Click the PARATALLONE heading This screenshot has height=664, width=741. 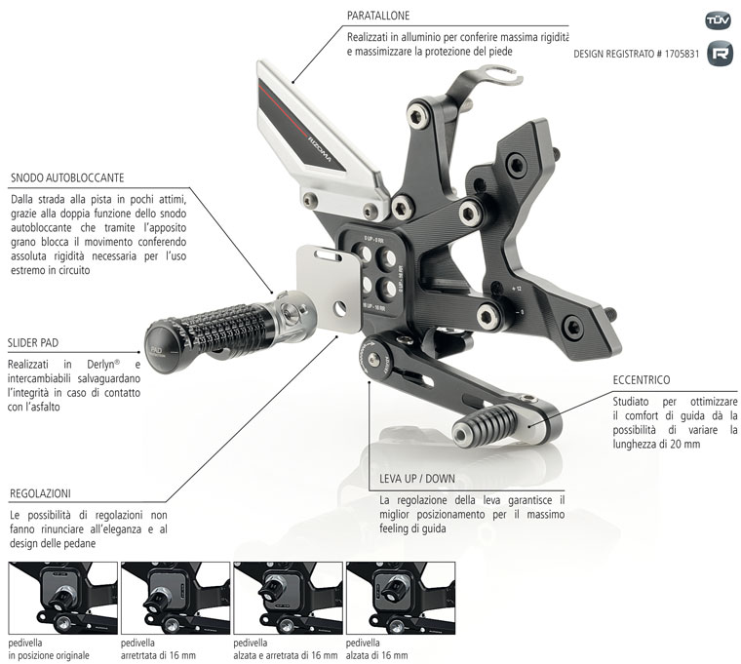(378, 16)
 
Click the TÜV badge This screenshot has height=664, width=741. (718, 20)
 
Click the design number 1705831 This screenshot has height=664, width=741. (672, 54)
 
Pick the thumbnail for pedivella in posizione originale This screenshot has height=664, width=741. (61, 598)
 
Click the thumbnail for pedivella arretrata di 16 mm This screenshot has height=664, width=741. (175, 598)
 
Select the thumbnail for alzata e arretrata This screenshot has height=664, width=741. (288, 598)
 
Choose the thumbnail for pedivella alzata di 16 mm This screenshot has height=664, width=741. (401, 598)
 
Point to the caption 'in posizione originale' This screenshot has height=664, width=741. (60, 655)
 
